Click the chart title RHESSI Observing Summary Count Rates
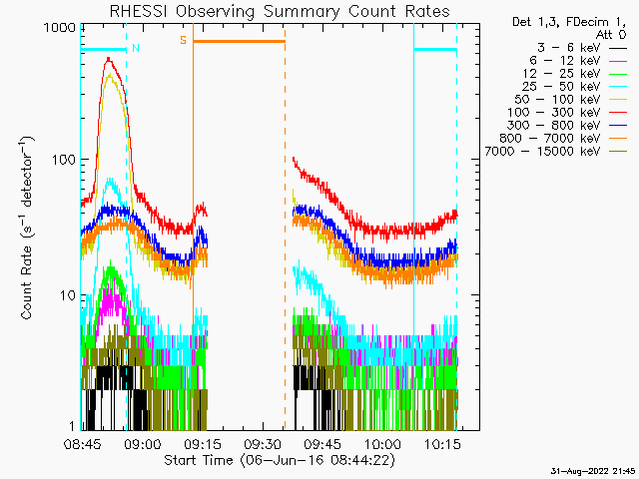(280, 11)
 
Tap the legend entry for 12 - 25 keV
(575, 74)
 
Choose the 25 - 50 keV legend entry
(575, 87)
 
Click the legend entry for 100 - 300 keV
(567, 113)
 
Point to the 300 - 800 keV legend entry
(567, 126)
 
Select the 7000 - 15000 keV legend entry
(555, 152)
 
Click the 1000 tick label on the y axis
(60, 28)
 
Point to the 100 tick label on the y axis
(64, 160)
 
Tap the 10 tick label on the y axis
(68, 295)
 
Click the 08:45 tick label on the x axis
(83, 443)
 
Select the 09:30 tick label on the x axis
(263, 443)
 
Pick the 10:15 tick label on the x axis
(442, 443)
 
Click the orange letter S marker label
(183, 40)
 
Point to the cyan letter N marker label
(136, 48)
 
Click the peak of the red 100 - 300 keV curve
(109, 59)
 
